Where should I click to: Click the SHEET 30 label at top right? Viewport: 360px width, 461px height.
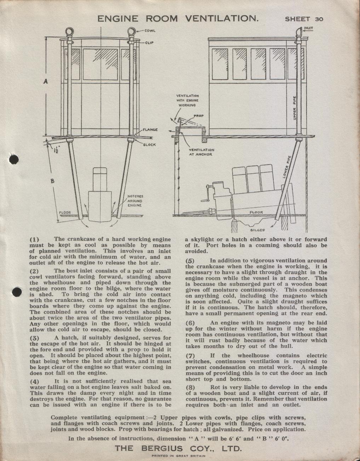[x=304, y=19]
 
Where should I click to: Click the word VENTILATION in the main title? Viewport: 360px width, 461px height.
[x=222, y=18]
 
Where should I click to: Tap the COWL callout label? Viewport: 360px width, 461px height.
[x=150, y=31]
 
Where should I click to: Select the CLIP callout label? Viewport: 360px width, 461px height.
[x=149, y=43]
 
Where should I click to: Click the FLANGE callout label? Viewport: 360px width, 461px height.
[x=150, y=129]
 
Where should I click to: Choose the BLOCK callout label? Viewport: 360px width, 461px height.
[x=149, y=145]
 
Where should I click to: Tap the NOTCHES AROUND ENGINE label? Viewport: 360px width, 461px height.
[x=135, y=201]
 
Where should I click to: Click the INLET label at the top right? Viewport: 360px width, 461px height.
[x=308, y=28]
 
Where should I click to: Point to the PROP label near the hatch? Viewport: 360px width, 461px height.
[x=199, y=116]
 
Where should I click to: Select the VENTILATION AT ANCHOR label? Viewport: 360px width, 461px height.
[x=201, y=152]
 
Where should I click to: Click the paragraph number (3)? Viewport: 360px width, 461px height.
[x=34, y=338]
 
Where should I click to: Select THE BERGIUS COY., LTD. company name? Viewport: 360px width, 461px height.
[x=178, y=448]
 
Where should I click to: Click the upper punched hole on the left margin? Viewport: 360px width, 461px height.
[x=13, y=160]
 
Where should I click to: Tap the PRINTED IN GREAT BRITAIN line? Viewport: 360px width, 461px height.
[x=178, y=456]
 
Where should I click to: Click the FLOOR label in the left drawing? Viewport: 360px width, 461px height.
[x=65, y=213]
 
